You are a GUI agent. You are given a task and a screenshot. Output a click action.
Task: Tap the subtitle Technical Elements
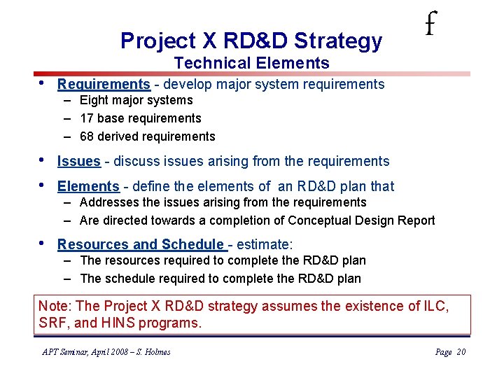pyautogui.click(x=251, y=63)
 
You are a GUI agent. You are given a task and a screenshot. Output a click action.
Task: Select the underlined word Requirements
pyautogui.click(x=104, y=85)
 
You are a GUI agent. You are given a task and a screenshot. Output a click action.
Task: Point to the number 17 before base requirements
pyautogui.click(x=87, y=119)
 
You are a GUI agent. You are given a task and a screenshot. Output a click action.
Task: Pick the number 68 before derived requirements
pyautogui.click(x=87, y=136)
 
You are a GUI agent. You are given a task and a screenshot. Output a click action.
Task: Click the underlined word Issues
pyautogui.click(x=78, y=162)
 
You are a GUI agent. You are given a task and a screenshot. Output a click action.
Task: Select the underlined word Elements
pyautogui.click(x=88, y=187)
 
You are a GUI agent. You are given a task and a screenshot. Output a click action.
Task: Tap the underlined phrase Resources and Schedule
pyautogui.click(x=140, y=245)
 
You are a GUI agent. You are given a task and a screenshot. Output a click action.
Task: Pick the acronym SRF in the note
pyautogui.click(x=54, y=323)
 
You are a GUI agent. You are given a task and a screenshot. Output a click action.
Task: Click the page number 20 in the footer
pyautogui.click(x=460, y=352)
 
